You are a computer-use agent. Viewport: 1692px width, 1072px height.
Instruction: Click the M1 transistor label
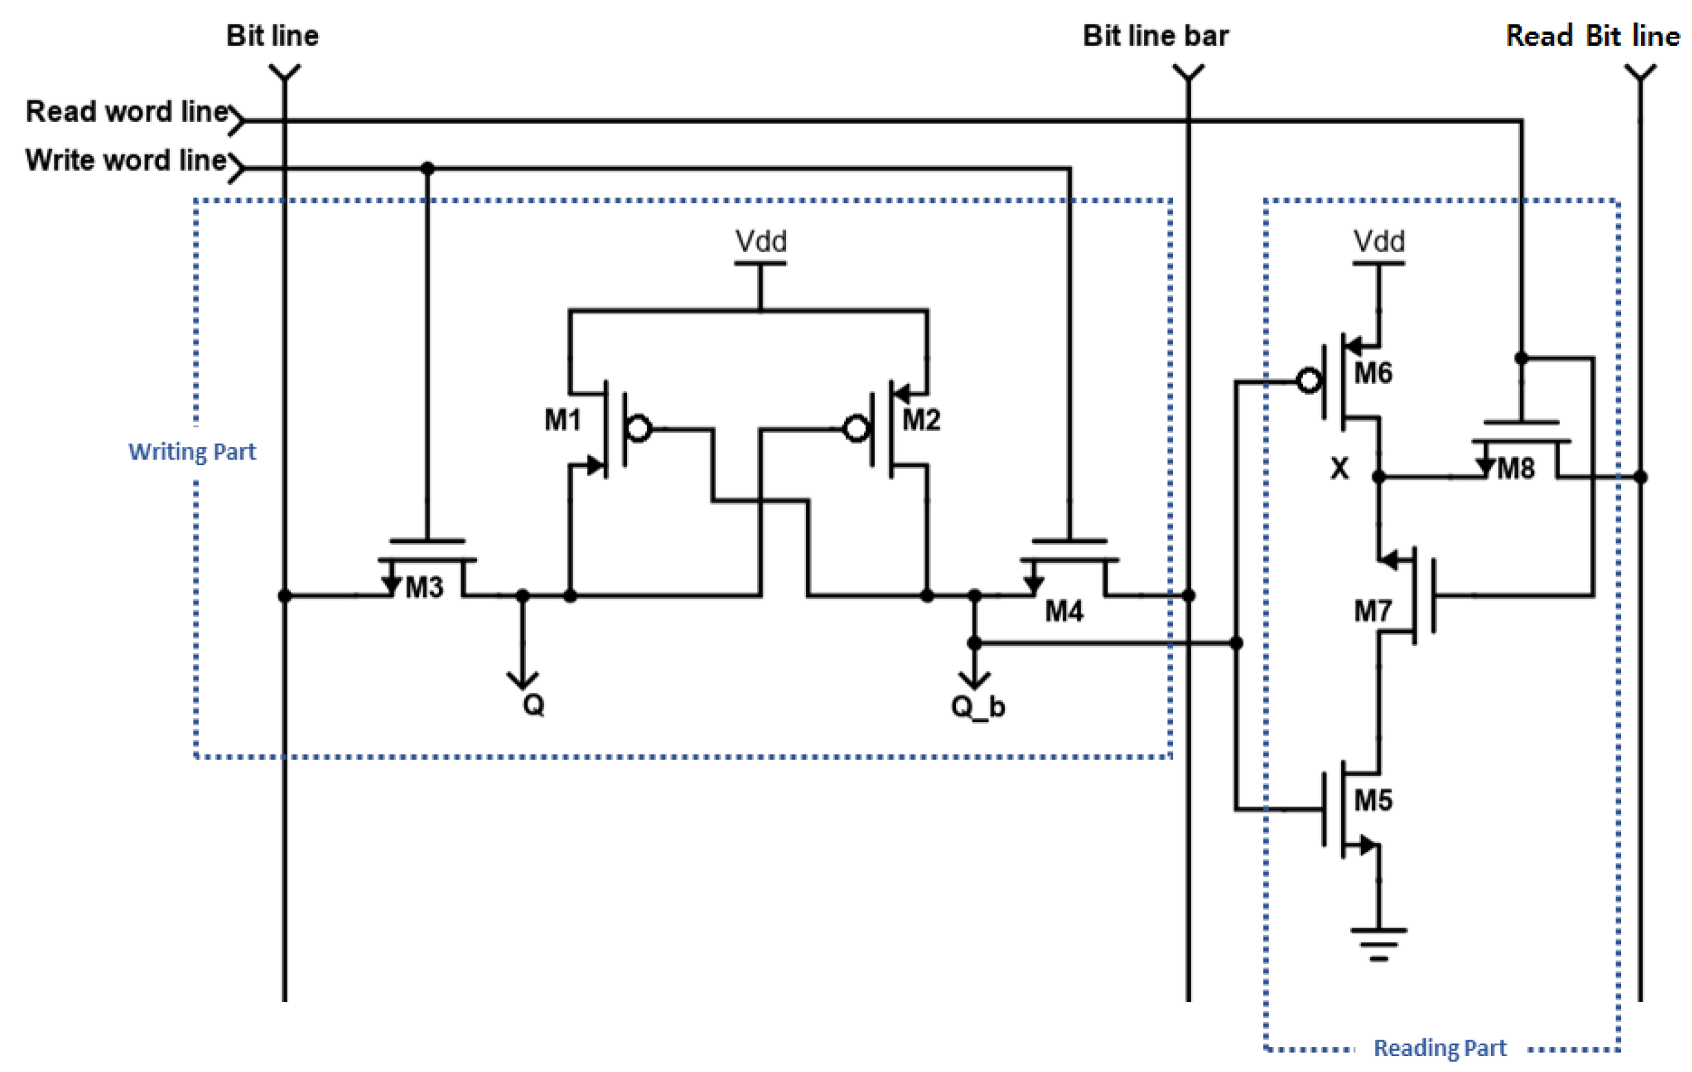[x=563, y=421]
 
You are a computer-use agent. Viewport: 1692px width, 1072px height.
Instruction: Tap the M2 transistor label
[x=920, y=421]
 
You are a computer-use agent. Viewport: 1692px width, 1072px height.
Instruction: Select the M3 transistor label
[x=425, y=588]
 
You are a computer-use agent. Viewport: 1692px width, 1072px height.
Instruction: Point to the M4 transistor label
[x=1064, y=611]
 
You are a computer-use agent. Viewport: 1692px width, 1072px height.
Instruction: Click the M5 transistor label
[x=1373, y=800]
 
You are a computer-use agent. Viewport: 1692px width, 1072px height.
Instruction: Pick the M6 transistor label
[x=1373, y=373]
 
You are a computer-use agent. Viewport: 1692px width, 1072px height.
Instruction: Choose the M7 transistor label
[x=1373, y=611]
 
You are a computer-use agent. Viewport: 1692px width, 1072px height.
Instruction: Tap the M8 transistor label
[x=1516, y=469]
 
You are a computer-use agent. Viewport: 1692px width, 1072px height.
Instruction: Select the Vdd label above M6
[x=1379, y=242]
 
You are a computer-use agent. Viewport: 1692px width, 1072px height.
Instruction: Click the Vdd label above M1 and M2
[x=760, y=242]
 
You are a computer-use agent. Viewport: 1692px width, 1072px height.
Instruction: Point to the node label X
[x=1340, y=469]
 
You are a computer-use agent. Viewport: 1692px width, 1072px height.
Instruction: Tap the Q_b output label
[x=977, y=707]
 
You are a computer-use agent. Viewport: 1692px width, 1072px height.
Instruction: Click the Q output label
[x=533, y=705]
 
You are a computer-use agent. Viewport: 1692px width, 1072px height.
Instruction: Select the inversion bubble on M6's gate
[x=1309, y=381]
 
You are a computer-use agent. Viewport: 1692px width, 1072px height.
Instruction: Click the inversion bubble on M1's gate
[x=639, y=428]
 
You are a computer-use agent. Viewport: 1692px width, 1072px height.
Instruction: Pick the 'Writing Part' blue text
[x=192, y=451]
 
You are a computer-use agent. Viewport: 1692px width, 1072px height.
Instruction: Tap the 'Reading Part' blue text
[x=1440, y=1048]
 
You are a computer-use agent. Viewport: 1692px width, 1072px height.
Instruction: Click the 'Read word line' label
[x=127, y=111]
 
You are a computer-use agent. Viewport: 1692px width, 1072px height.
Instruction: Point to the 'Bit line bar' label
[x=1155, y=36]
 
